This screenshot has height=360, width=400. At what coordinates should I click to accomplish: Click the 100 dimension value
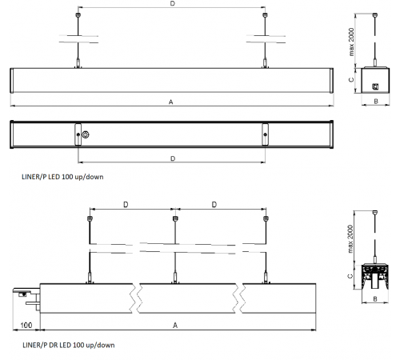point(26,326)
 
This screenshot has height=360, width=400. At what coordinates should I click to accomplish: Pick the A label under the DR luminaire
point(174,326)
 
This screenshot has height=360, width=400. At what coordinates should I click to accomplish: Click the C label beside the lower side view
point(352,275)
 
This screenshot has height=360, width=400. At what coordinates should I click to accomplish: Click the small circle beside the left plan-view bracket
point(87,134)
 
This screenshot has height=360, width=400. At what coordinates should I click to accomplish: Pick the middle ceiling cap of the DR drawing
point(174,216)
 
